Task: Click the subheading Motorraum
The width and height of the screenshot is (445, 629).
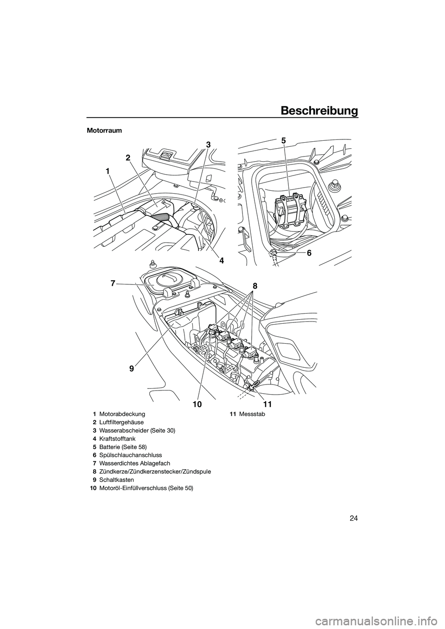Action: coord(104,131)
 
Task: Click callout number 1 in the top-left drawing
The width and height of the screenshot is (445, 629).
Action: coord(108,171)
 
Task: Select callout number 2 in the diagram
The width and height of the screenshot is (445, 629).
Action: coord(128,158)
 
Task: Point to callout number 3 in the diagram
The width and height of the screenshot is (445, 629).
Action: coord(208,145)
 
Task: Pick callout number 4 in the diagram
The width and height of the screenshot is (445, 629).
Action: coord(222,261)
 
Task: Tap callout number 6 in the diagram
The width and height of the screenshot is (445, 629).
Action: coord(309,253)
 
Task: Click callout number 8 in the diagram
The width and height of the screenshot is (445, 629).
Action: coord(254,286)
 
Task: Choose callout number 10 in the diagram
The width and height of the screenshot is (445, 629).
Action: coord(197,404)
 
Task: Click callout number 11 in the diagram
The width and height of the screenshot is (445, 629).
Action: coord(268,404)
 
